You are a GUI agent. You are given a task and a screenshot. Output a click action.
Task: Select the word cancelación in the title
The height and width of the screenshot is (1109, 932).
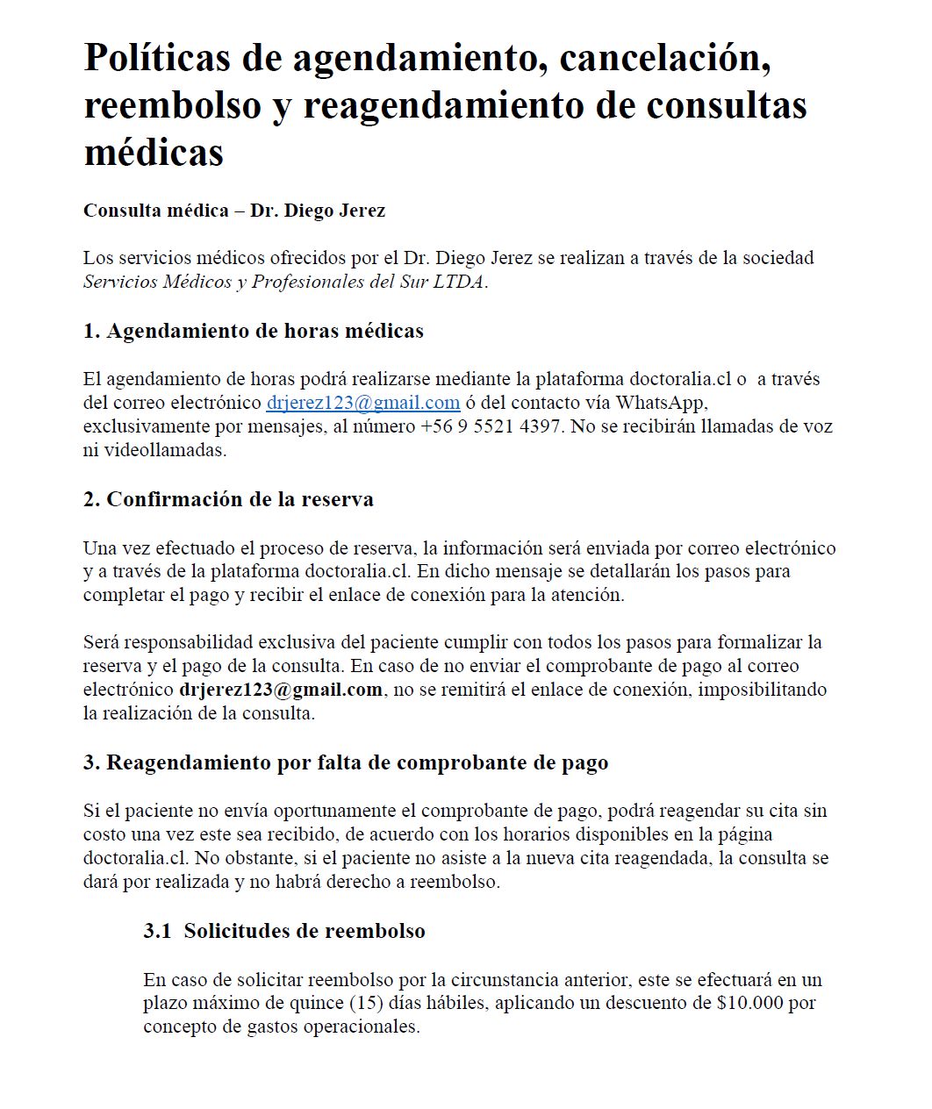point(664,58)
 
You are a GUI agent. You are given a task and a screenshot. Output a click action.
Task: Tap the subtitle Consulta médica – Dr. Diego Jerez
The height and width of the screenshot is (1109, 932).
point(234,211)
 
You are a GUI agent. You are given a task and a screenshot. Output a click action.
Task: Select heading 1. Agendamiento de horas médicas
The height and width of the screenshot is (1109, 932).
point(254,331)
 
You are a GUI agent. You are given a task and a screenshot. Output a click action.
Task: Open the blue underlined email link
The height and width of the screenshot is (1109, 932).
point(363,403)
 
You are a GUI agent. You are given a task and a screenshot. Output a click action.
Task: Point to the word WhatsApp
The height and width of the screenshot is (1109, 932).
point(660,403)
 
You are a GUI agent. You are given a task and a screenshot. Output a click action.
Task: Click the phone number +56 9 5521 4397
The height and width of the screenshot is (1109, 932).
point(491,426)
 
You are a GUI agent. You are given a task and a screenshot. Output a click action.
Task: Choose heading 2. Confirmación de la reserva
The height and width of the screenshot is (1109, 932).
point(228,499)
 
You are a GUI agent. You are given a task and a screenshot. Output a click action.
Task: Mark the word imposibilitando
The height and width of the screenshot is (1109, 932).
point(764,690)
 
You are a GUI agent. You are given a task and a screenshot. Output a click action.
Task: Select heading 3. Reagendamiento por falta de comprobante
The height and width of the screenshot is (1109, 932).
point(346,762)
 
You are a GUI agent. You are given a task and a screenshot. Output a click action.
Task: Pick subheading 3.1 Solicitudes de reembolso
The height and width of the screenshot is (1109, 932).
point(284,931)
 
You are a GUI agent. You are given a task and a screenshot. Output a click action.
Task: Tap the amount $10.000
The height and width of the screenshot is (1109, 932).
point(749,1003)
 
